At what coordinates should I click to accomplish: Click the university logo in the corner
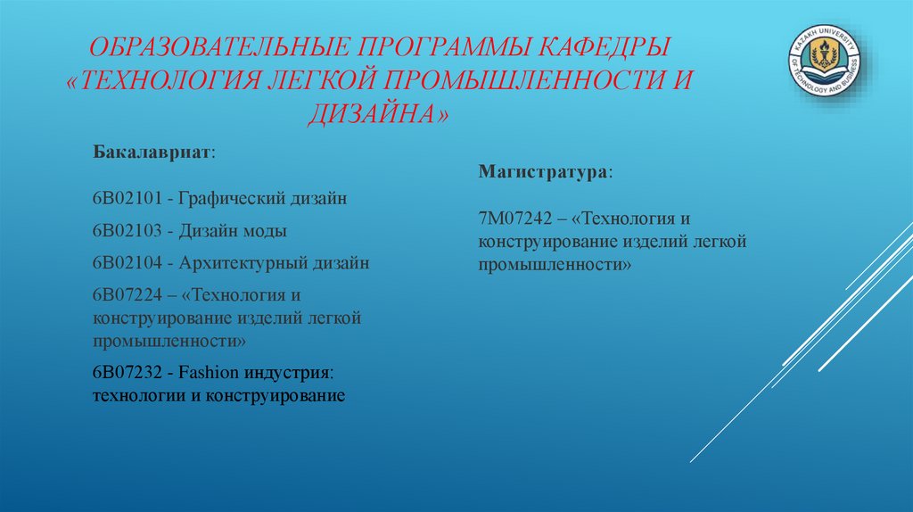pos(824,65)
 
